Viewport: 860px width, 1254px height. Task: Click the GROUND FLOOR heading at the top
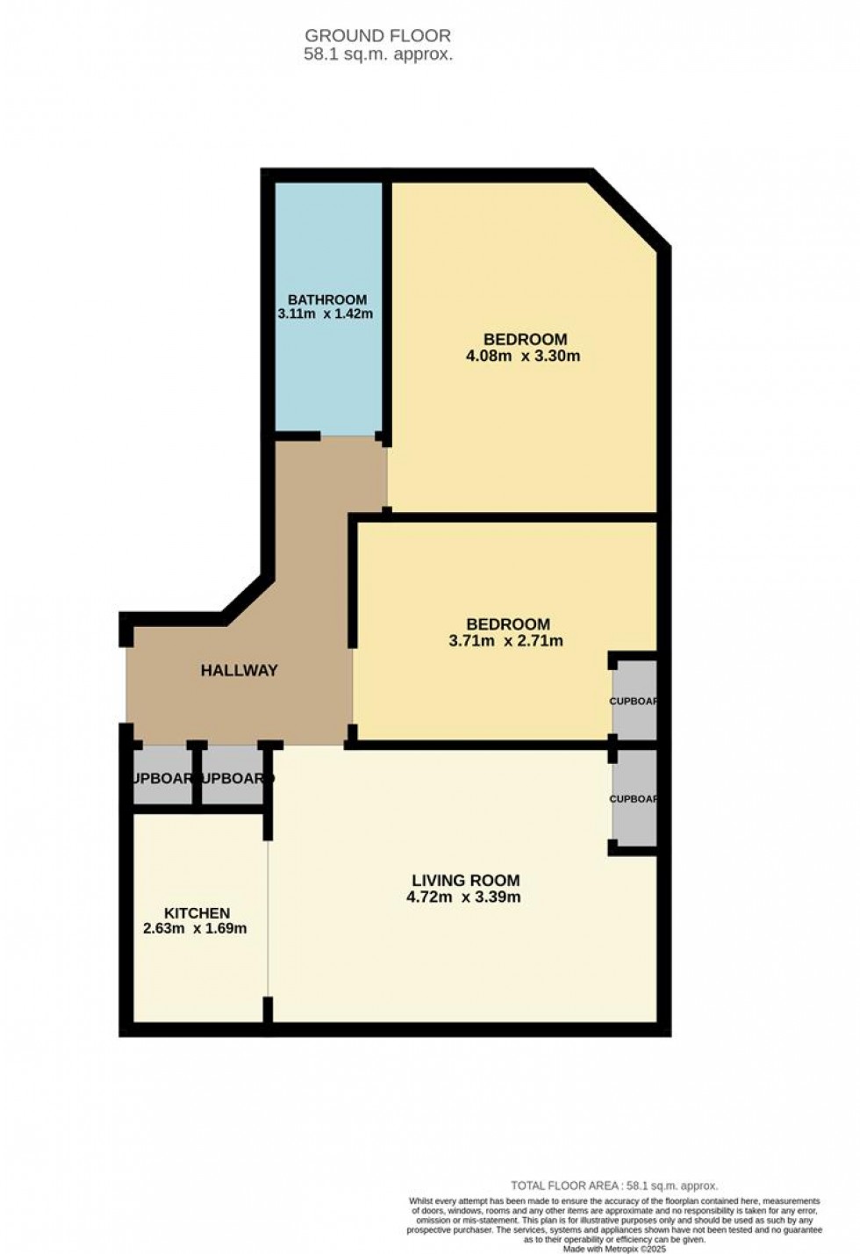point(377,36)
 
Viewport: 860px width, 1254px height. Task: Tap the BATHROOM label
point(326,299)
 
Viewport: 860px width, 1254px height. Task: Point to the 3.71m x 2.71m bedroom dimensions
point(505,641)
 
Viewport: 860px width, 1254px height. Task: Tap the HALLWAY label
point(239,671)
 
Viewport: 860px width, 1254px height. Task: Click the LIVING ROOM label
point(465,881)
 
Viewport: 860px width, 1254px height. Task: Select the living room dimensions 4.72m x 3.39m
point(463,897)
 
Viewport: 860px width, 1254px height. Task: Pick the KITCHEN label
point(197,913)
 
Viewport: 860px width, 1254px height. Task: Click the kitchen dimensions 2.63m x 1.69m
point(195,929)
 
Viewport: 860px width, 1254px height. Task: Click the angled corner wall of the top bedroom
point(630,209)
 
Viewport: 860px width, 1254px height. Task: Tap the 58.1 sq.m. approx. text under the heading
point(377,54)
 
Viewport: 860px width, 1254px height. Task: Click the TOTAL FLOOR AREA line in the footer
point(614,1186)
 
